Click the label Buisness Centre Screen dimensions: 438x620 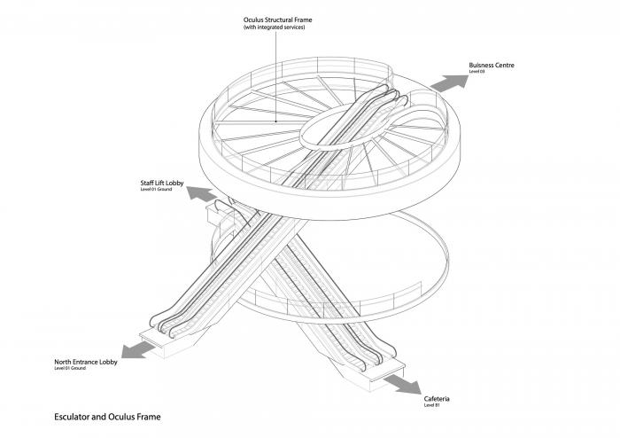point(492,65)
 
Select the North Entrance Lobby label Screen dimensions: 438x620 point(86,362)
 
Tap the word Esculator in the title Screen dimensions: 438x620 point(74,415)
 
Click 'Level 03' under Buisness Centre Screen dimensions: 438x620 point(477,72)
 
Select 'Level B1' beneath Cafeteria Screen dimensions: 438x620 point(431,405)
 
